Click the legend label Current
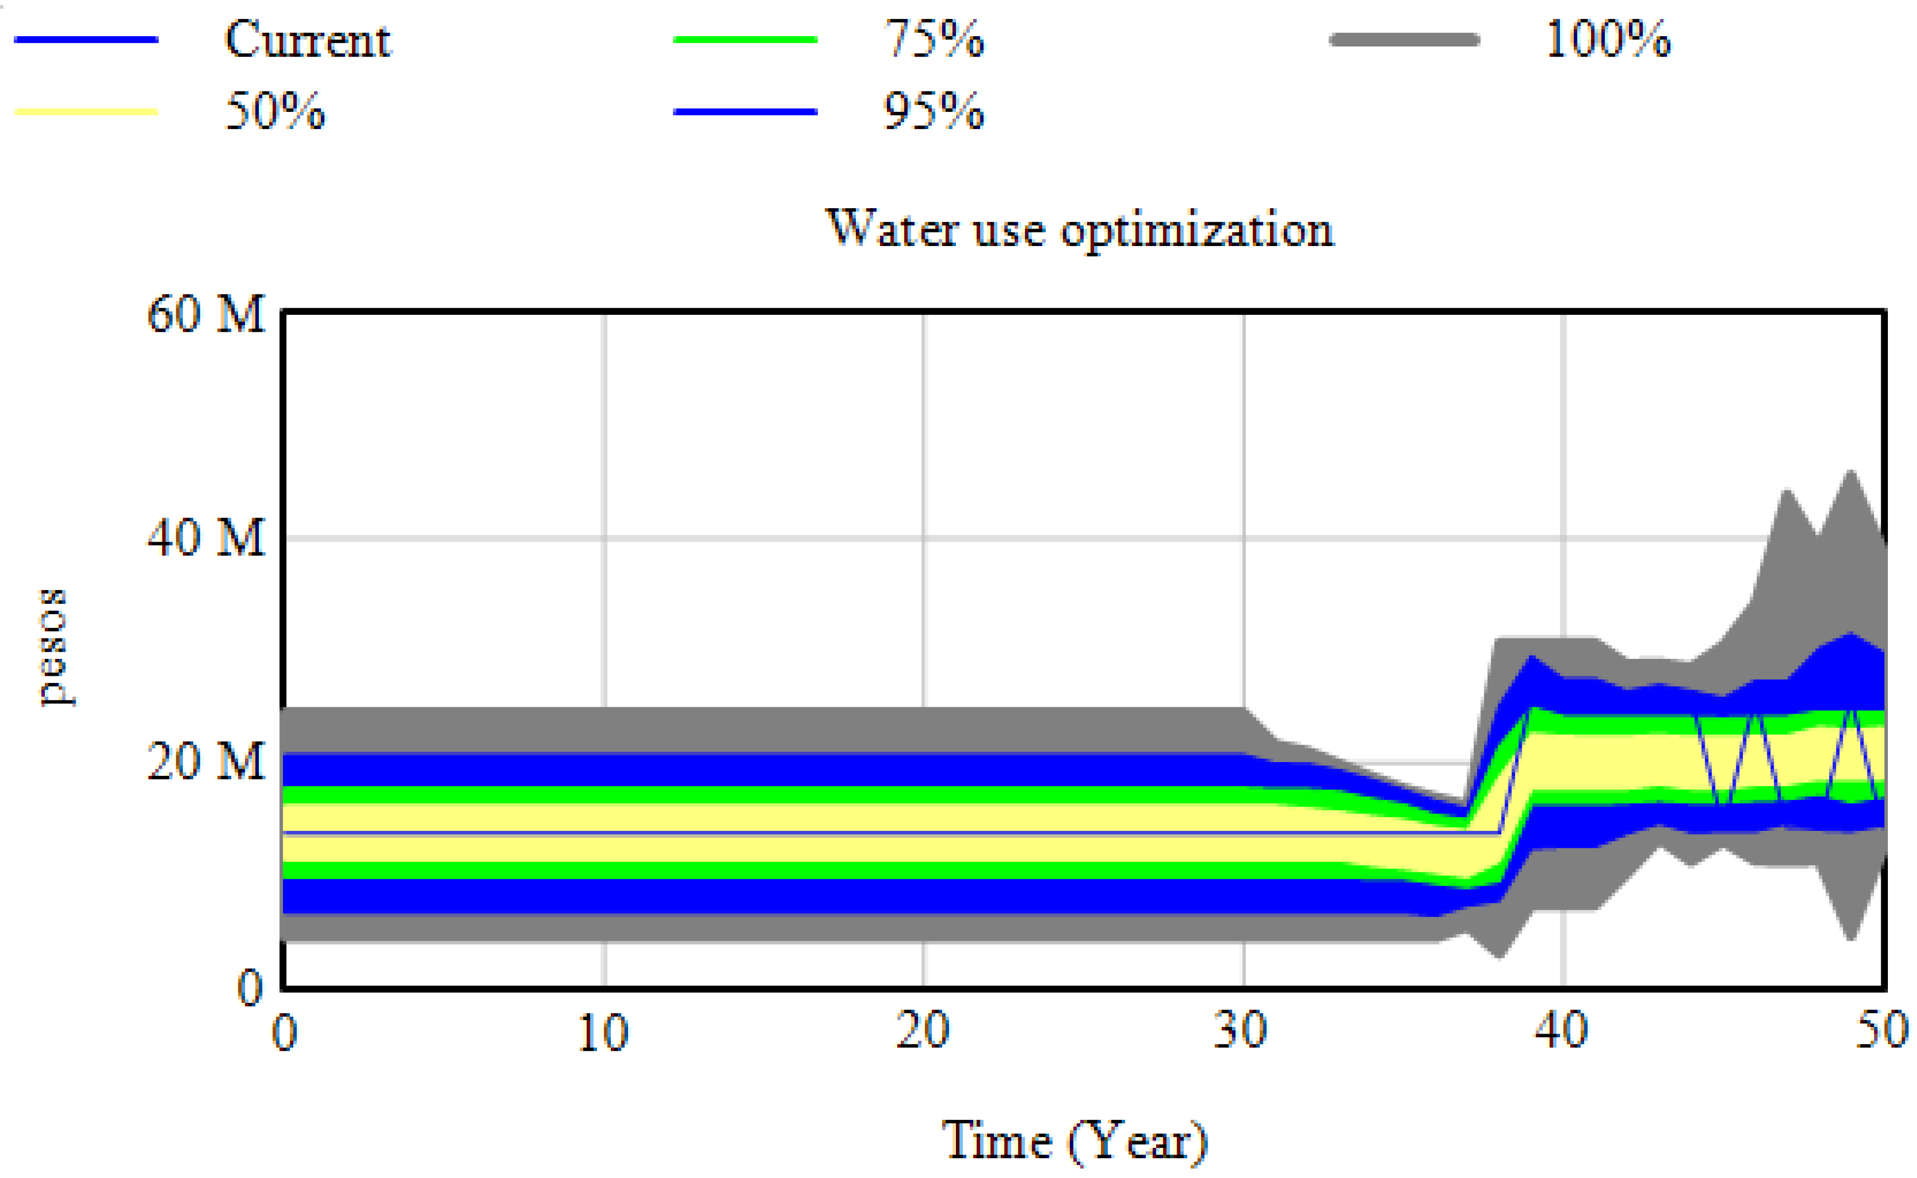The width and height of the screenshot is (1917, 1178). pos(308,40)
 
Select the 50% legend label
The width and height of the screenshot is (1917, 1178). pos(274,111)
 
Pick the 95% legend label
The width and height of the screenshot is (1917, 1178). pos(933,111)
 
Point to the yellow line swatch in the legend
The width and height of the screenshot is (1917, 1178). pos(86,111)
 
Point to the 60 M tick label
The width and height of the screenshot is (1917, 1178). pos(206,315)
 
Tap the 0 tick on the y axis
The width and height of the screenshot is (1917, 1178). pos(249,988)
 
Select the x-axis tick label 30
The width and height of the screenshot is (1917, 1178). pos(1240,1030)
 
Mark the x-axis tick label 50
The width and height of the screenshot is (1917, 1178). pos(1881,1030)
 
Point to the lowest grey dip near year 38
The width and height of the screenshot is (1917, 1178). pos(1501,956)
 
